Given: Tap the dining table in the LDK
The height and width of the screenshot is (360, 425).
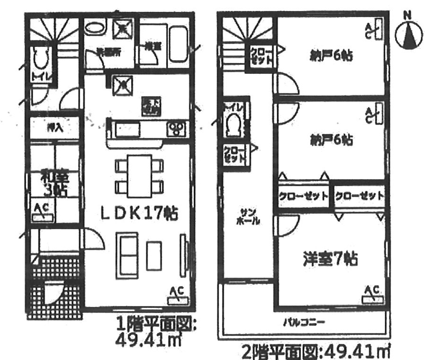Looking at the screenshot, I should click(x=139, y=175).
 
